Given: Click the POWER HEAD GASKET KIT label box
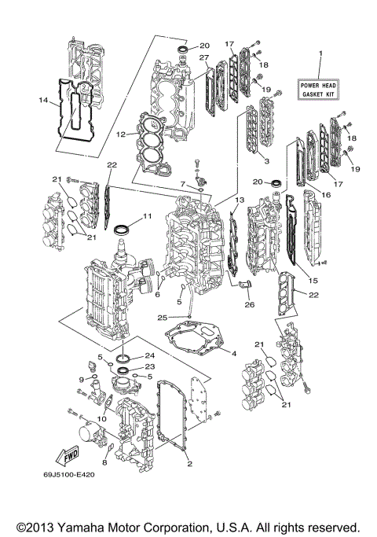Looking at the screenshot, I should (x=320, y=88).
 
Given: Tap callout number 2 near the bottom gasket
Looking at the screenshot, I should (x=189, y=464).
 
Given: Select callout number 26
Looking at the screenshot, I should (x=251, y=305).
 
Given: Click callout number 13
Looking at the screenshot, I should (x=240, y=200).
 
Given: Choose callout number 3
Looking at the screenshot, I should (x=267, y=160).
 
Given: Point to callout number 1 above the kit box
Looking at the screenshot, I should (x=320, y=52).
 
